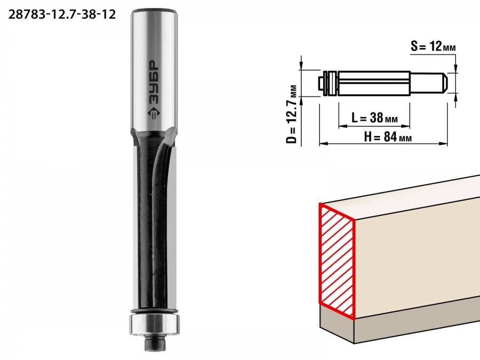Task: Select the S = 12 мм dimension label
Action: [433, 46]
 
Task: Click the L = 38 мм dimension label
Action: [374, 117]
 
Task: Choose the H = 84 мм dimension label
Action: [388, 137]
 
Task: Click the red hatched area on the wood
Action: [337, 261]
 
